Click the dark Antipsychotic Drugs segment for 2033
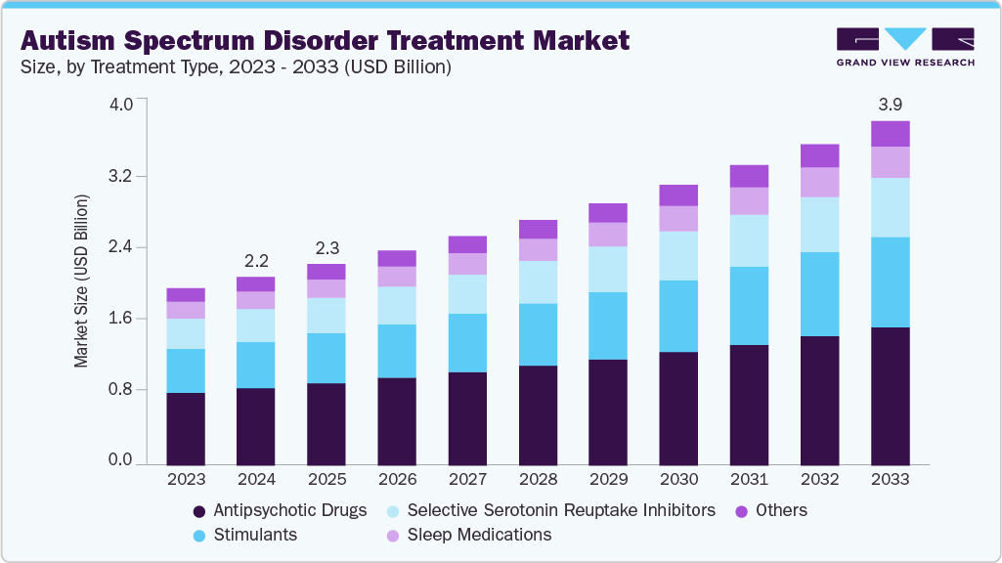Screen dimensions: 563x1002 point(891,395)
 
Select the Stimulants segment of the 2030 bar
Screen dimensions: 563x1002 point(678,316)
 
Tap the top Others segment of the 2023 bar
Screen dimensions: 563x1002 point(186,294)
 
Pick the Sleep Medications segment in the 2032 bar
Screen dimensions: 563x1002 point(819,182)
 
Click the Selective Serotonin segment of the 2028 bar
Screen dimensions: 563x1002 point(538,281)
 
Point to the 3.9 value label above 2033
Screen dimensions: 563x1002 point(891,105)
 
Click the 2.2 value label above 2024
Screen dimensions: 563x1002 point(256,261)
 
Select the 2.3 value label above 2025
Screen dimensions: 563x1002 point(327,248)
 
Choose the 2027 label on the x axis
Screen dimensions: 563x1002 point(467,480)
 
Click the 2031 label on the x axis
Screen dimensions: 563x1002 point(749,480)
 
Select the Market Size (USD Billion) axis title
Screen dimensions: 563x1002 point(82,281)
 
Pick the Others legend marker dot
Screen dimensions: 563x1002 point(741,511)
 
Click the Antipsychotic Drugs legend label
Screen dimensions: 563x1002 point(289,510)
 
